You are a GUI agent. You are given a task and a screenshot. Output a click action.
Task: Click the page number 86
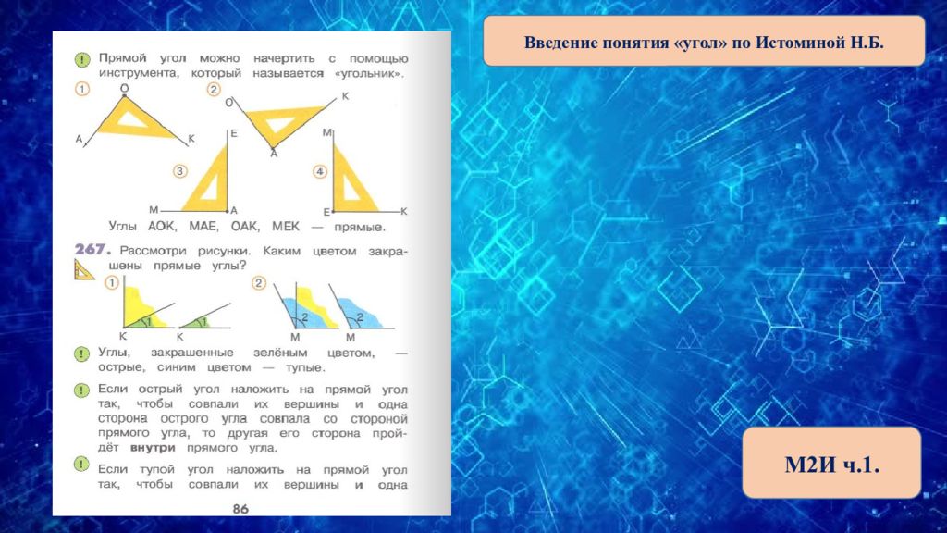[x=240, y=509]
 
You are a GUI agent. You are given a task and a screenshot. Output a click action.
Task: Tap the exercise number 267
[x=93, y=249]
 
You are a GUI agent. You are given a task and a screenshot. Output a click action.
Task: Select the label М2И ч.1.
[x=831, y=465]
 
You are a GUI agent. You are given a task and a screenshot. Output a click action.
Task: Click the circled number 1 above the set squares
[x=82, y=89]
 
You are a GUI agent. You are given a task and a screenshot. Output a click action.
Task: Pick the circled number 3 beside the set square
[x=180, y=171]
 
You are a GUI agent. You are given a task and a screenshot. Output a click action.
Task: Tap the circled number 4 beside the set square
[x=319, y=171]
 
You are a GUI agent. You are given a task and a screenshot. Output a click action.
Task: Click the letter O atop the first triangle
[x=125, y=88]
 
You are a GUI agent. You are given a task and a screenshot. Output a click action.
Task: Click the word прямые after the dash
[x=360, y=228]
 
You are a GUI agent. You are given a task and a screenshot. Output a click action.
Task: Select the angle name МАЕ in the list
[x=203, y=226]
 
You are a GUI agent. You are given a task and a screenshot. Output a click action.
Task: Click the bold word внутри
[x=153, y=448]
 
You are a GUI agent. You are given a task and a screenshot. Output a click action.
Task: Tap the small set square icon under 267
[x=84, y=270]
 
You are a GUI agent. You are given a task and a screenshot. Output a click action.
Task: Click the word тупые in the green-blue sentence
[x=305, y=367]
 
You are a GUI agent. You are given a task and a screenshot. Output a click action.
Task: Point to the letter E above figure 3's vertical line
[x=234, y=133]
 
